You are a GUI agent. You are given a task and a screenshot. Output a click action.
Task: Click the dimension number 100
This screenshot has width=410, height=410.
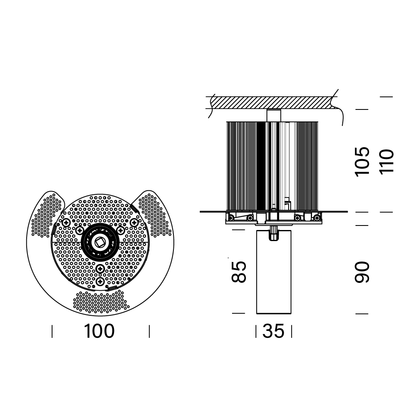point(99,331)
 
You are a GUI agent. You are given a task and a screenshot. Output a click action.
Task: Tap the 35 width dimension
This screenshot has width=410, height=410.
point(273,331)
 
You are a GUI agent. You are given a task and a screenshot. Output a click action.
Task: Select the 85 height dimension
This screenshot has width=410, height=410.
point(239,272)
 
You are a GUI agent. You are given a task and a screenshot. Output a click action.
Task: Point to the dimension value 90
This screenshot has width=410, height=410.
point(362,272)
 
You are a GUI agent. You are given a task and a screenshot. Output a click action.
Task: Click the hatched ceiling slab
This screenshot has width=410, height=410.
point(272,103)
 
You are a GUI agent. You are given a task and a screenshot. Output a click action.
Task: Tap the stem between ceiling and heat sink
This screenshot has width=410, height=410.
point(274,115)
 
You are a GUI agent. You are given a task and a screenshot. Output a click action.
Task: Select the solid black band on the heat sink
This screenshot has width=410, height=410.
point(261,166)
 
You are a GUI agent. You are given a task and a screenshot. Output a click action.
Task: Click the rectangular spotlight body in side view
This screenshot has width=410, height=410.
point(274,272)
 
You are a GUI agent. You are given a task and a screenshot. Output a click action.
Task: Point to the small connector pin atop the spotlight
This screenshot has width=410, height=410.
point(273,233)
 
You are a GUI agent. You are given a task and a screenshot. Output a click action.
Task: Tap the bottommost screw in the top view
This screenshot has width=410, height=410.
point(100,282)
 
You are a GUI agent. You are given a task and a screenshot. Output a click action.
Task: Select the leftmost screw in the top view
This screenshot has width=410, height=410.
point(66,223)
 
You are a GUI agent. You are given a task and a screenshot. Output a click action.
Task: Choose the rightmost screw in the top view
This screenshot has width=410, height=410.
point(134,223)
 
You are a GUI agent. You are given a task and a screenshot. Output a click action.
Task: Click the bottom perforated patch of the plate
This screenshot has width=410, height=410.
point(101,302)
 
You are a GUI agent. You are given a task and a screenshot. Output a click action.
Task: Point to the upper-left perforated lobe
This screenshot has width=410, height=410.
point(48,215)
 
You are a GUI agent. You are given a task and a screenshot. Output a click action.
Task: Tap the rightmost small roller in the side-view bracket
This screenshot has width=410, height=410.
point(317,218)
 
